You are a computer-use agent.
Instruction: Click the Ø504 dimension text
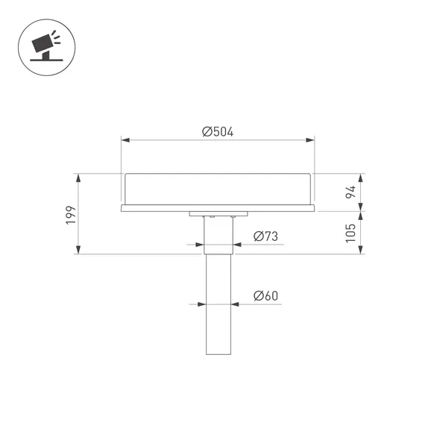click(x=218, y=131)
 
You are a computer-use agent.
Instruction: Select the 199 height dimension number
click(x=71, y=215)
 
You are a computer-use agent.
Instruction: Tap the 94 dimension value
click(x=350, y=192)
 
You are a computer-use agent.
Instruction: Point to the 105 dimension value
click(x=350, y=233)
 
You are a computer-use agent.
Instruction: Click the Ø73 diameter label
click(x=265, y=236)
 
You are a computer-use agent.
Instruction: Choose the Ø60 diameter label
click(x=265, y=296)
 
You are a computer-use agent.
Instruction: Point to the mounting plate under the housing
click(x=218, y=214)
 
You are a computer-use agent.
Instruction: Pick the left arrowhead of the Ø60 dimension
click(x=202, y=304)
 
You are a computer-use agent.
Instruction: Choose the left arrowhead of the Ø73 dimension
click(x=199, y=245)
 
